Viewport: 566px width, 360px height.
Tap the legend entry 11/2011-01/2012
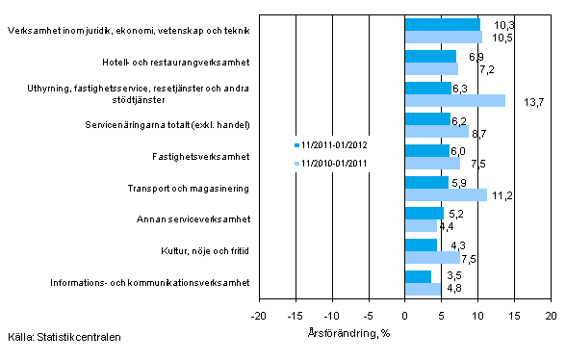[x=335, y=145]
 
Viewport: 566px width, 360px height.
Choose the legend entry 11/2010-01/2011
[x=335, y=163]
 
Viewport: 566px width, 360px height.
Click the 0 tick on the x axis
[x=405, y=316]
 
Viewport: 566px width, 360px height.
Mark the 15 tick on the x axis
[x=515, y=316]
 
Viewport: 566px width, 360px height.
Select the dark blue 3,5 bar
[x=418, y=276]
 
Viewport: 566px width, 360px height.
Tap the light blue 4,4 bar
[x=421, y=226]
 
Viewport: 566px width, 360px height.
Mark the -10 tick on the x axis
[x=332, y=316]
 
